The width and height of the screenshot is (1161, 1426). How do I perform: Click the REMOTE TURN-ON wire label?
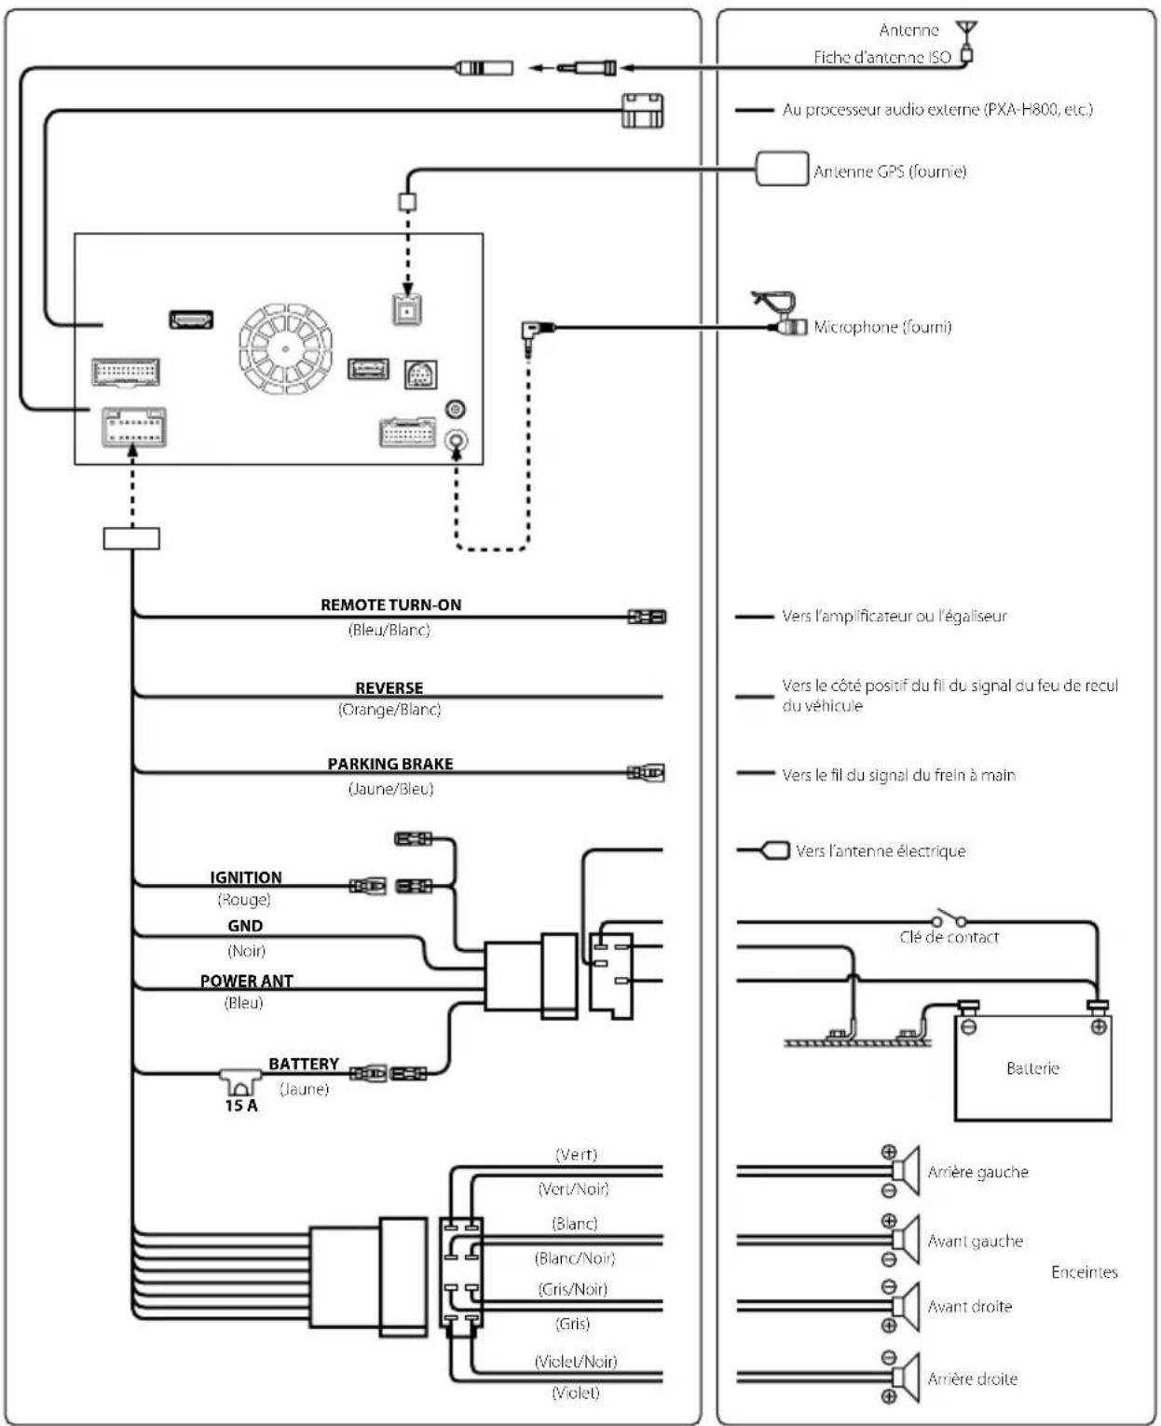point(390,604)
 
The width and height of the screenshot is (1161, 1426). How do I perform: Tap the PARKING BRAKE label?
point(389,764)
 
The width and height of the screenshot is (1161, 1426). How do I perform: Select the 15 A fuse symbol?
point(240,1080)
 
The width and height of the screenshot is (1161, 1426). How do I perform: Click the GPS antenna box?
point(782,169)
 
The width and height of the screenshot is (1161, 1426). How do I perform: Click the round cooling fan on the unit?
point(286,348)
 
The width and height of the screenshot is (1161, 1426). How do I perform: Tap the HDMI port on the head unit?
point(192,319)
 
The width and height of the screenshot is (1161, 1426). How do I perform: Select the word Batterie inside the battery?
point(1031,1067)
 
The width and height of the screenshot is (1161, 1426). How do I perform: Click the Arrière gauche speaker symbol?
point(905,1171)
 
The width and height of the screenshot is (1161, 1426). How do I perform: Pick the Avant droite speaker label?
point(969,1306)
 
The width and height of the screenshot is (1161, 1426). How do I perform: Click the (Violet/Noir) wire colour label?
point(575,1362)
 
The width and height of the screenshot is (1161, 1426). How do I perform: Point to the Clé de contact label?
point(949,937)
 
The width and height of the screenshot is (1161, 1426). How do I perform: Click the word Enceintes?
point(1084,1272)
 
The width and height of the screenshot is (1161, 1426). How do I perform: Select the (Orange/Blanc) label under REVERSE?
point(389,710)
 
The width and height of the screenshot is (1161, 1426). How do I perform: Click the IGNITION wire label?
point(246,877)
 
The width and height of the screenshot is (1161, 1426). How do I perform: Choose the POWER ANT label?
point(246,981)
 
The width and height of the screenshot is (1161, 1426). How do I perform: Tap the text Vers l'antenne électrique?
point(881,851)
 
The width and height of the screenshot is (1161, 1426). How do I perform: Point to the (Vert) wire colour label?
point(576,1154)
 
